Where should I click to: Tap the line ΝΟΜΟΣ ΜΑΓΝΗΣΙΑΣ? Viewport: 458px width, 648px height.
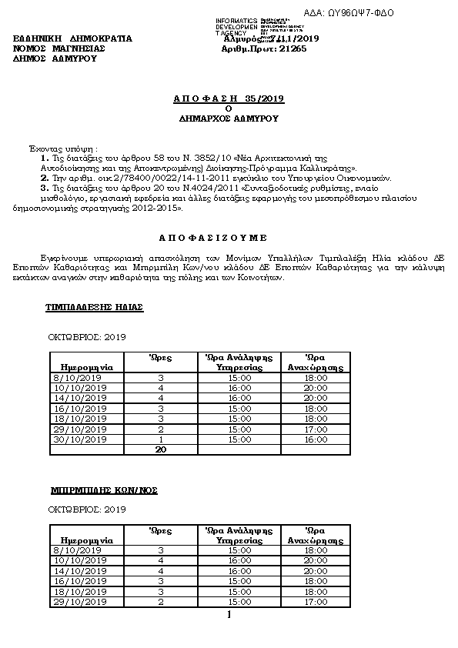pos(59,48)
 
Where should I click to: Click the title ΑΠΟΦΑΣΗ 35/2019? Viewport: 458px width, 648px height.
pos(229,99)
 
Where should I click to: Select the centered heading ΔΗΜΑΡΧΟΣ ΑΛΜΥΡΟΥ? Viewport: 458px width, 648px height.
pos(229,119)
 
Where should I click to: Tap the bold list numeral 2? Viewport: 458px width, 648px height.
pos(44,178)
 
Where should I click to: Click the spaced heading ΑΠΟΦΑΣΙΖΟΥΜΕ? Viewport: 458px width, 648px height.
pos(229,238)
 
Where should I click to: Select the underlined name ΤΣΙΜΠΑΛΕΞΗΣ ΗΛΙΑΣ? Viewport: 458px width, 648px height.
pos(95,307)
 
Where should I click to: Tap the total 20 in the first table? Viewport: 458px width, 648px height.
pos(161,449)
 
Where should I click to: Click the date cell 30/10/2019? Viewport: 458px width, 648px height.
pos(79,439)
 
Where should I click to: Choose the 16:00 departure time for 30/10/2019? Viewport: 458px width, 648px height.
pos(316,439)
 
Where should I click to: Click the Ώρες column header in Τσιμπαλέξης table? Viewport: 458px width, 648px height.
pos(161,357)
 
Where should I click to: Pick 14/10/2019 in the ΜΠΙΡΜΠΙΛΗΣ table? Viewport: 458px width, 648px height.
pos(79,571)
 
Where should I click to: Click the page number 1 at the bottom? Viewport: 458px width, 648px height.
pos(229,615)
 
